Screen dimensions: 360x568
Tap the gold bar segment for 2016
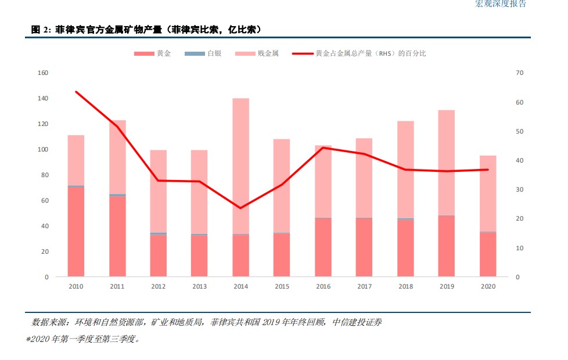(x=323, y=247)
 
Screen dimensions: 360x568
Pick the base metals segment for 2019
(x=447, y=163)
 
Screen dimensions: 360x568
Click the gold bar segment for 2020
(x=488, y=254)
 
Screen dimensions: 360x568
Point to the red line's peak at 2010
(x=76, y=92)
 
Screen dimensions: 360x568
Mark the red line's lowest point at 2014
(x=241, y=208)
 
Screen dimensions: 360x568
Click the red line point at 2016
(x=323, y=147)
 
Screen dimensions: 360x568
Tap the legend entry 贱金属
(x=268, y=53)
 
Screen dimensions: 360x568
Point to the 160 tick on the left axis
(x=43, y=73)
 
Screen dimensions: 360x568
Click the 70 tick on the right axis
(x=519, y=73)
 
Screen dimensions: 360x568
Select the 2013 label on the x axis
(x=199, y=287)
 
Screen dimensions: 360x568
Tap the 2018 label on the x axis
(x=405, y=287)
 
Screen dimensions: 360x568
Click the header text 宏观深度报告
(x=501, y=4)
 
